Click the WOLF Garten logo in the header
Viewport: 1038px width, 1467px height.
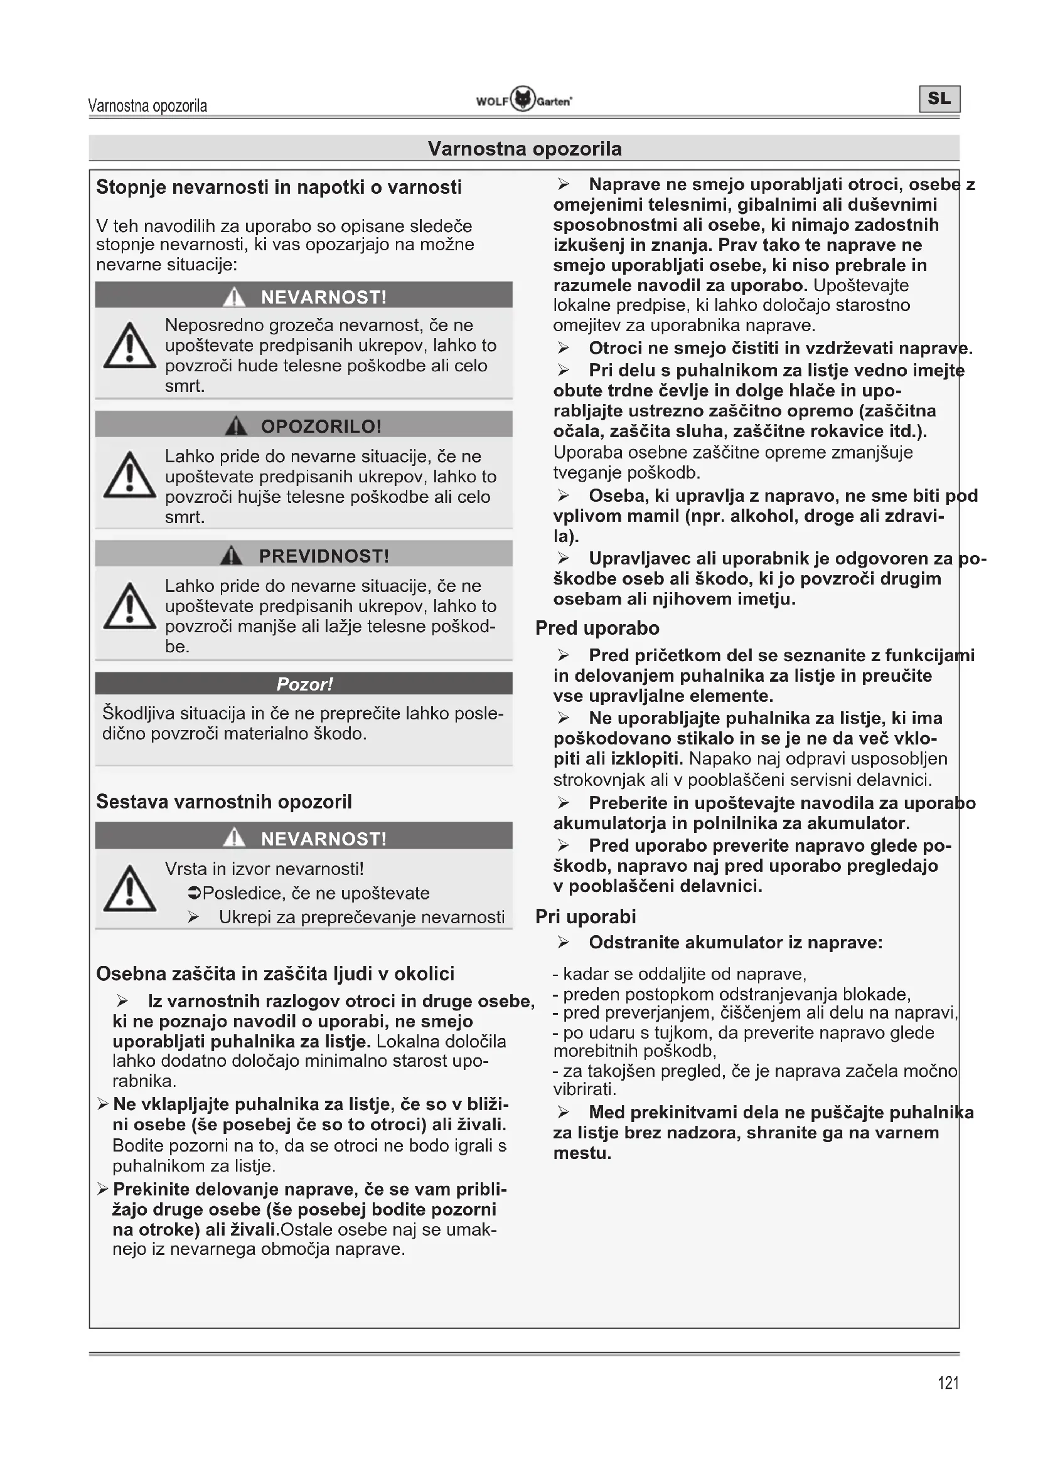[x=523, y=100]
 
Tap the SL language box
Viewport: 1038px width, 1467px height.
[x=939, y=98]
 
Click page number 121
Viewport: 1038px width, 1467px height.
[x=948, y=1383]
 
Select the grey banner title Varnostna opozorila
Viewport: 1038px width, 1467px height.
[x=524, y=149]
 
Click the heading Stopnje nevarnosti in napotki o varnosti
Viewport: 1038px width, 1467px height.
[x=279, y=187]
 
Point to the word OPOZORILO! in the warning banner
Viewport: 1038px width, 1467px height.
[x=321, y=426]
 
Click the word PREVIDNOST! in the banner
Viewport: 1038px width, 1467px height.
[x=323, y=556]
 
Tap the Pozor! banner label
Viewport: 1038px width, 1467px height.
[x=304, y=684]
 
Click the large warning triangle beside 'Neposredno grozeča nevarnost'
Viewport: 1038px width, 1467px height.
[x=130, y=347]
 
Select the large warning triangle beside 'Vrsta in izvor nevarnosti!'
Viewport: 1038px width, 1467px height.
[x=130, y=889]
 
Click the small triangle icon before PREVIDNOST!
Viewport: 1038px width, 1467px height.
[x=232, y=556]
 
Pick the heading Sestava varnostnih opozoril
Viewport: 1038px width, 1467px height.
[x=223, y=802]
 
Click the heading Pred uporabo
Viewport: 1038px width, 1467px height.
[x=597, y=628]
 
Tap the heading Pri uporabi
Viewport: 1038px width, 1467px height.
[x=586, y=916]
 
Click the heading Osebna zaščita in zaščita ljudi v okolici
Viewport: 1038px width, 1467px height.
[x=275, y=974]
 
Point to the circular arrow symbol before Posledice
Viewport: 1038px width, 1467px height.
[x=195, y=893]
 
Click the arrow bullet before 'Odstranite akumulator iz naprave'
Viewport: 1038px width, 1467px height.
[x=563, y=943]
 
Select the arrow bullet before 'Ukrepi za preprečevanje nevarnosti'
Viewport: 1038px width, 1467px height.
[x=194, y=918]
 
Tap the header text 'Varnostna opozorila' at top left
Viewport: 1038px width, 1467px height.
[x=147, y=105]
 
